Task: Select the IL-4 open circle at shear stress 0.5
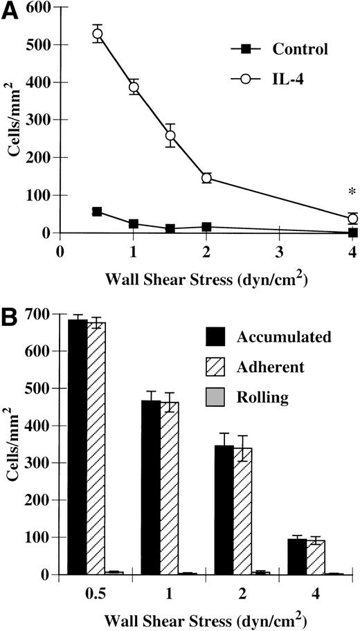click(x=98, y=34)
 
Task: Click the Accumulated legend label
click(x=284, y=337)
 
